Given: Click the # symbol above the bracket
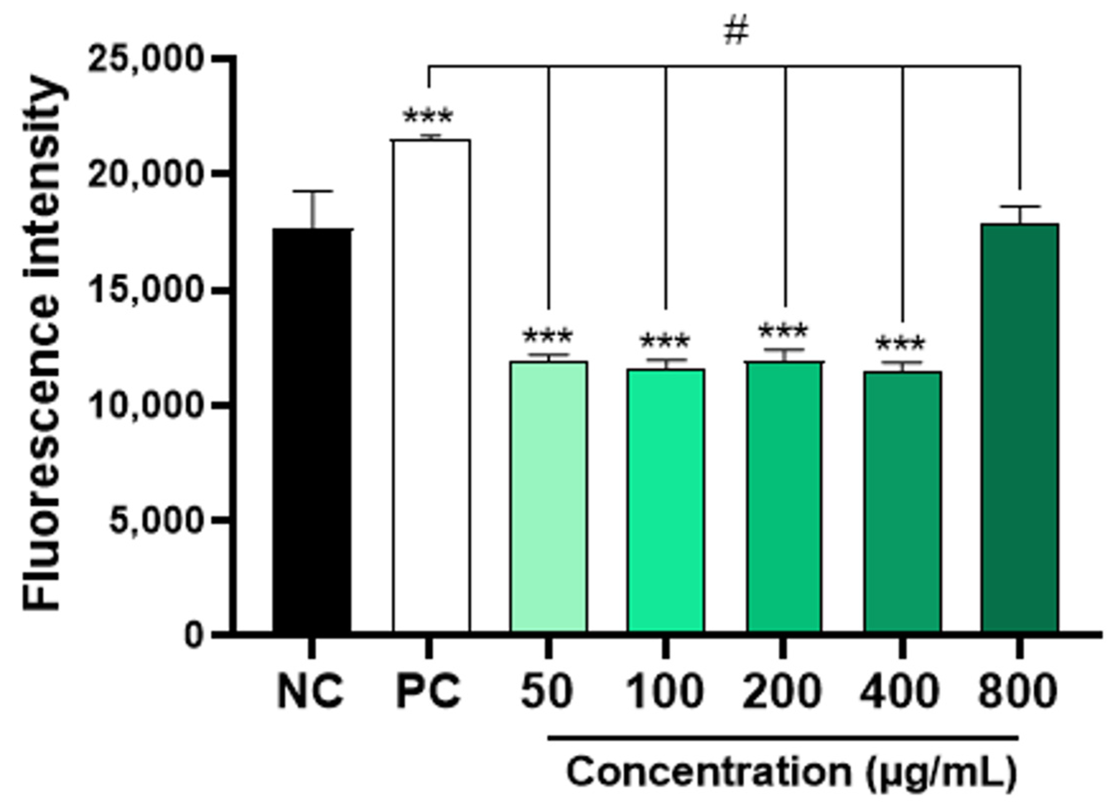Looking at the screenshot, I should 737,32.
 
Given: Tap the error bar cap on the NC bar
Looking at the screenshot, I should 312,192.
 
